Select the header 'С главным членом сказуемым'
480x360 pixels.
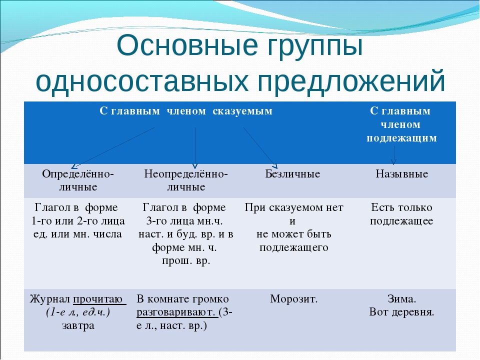(x=186, y=111)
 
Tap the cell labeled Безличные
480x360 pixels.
(x=292, y=174)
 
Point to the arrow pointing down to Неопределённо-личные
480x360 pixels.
(x=195, y=147)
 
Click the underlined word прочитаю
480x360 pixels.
(x=98, y=299)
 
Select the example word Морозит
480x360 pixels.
(x=294, y=299)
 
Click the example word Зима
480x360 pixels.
(x=401, y=299)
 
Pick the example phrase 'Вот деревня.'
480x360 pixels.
(x=401, y=312)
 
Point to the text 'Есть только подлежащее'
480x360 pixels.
(x=401, y=214)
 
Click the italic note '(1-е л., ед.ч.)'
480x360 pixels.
(x=77, y=312)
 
